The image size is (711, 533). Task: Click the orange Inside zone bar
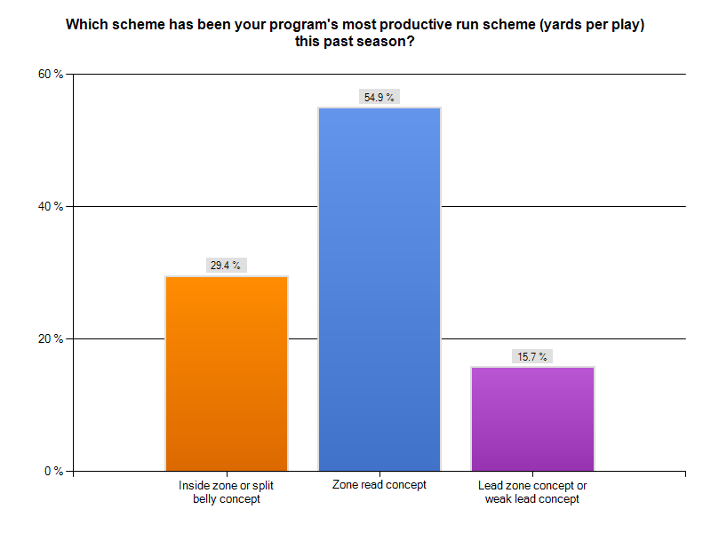click(x=227, y=373)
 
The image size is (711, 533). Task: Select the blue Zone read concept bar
click(x=379, y=289)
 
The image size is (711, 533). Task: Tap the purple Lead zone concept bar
click(x=532, y=418)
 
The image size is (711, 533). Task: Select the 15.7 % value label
click(x=532, y=356)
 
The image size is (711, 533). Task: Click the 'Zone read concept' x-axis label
click(x=379, y=485)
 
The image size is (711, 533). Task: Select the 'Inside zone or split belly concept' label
click(x=227, y=492)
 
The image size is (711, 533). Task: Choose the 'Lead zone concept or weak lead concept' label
click(x=532, y=492)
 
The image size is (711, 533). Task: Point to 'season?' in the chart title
click(x=387, y=42)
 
